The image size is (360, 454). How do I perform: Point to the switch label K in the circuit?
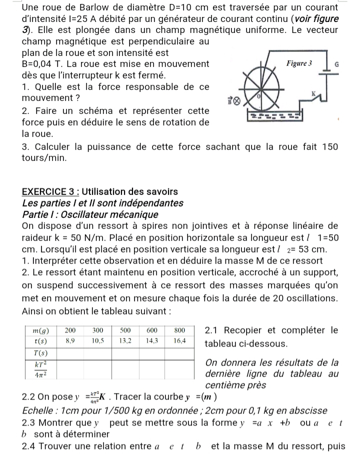pyautogui.click(x=313, y=93)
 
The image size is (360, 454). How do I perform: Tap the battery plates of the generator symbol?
pyautogui.click(x=326, y=73)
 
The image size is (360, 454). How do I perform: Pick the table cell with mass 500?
pyautogui.click(x=124, y=330)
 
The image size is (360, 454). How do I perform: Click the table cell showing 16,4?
pyautogui.click(x=179, y=340)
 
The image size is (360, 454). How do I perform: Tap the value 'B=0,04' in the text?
pyautogui.click(x=39, y=64)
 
